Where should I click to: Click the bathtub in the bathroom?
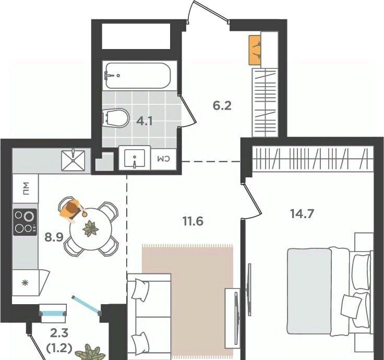(x=137, y=76)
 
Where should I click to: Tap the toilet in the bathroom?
(x=116, y=117)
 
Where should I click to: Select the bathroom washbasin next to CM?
(x=135, y=158)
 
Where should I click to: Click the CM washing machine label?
(x=163, y=159)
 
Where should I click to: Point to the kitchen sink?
(x=73, y=160)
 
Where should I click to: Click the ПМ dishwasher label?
(x=26, y=188)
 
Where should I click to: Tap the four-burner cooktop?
(x=25, y=222)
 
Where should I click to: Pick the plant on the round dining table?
(x=91, y=229)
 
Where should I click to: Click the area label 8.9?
(x=54, y=237)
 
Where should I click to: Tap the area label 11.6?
(x=193, y=221)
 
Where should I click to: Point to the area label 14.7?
(x=302, y=214)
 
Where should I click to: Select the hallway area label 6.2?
(x=222, y=106)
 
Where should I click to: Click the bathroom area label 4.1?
(x=145, y=121)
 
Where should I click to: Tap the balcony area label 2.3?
(x=59, y=333)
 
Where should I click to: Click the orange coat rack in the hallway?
(x=255, y=50)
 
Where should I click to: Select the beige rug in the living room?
(x=188, y=302)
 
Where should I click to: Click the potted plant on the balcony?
(x=91, y=353)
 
